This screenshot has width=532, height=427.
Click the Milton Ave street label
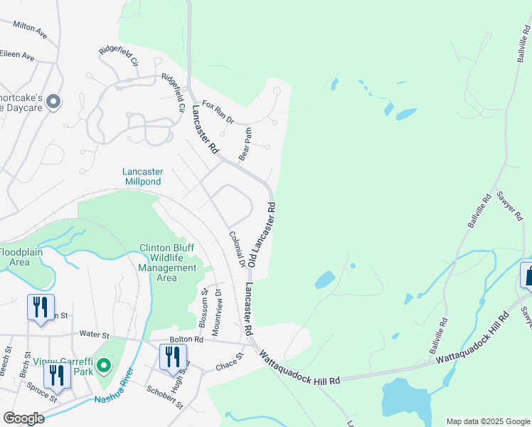click(30, 28)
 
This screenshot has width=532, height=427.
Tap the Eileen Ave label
click(17, 54)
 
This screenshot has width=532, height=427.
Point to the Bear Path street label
click(246, 144)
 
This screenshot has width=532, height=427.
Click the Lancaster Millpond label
click(143, 176)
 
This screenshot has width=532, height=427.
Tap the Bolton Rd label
click(186, 340)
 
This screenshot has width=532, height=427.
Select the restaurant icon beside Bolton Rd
click(172, 357)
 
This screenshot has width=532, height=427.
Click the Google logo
click(23, 418)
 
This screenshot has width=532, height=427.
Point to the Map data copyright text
click(487, 421)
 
